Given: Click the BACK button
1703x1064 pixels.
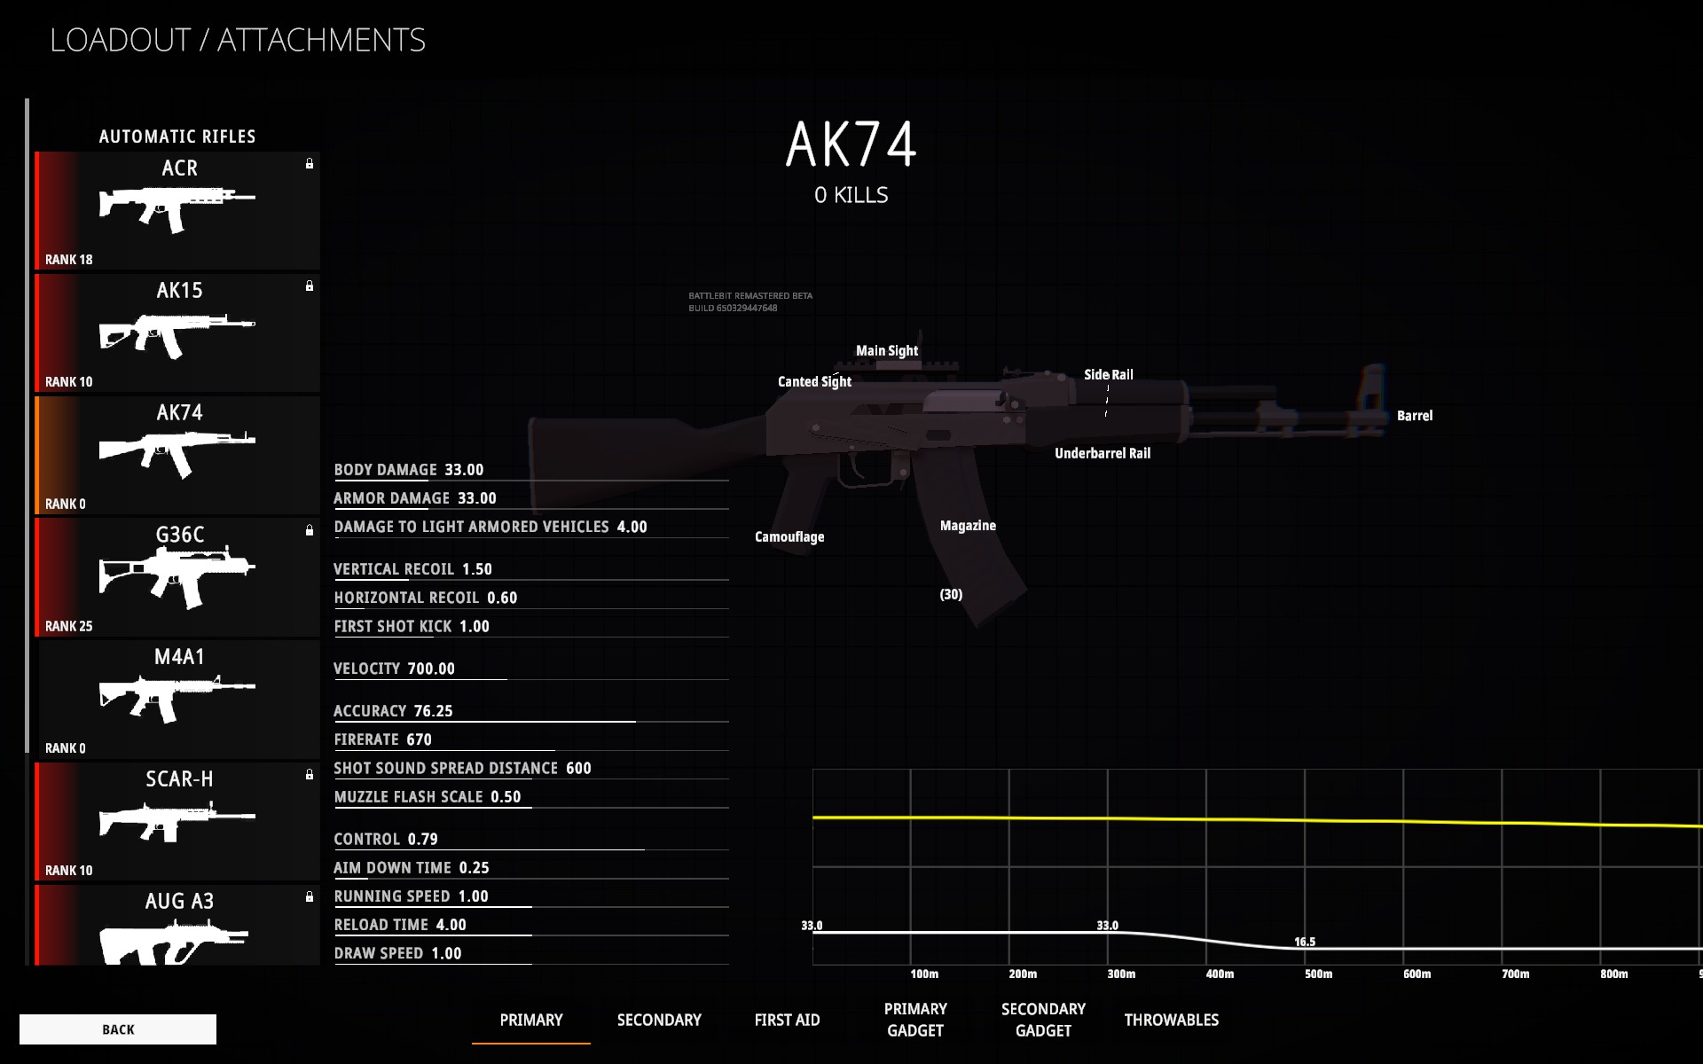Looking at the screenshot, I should point(118,1029).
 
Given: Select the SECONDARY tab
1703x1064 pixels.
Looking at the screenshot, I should point(659,1020).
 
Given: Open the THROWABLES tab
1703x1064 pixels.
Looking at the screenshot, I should point(1171,1020).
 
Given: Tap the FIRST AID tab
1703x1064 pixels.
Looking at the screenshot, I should point(787,1020).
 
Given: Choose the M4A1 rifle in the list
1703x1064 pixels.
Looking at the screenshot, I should point(178,700).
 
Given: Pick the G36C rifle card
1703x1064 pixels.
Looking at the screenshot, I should point(178,577).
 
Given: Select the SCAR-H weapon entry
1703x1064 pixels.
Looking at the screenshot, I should point(178,821).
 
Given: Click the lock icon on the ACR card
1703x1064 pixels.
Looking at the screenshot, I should point(310,164).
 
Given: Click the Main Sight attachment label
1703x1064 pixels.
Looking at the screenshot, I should point(886,351).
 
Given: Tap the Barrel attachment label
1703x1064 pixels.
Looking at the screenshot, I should point(1414,416).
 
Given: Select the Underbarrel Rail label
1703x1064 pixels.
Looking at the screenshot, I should point(1102,454).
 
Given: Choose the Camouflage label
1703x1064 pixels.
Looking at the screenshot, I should point(789,537).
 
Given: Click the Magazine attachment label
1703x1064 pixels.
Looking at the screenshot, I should point(968,526).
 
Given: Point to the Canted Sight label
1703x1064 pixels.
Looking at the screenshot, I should point(814,382).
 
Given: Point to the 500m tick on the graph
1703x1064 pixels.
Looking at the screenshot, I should point(1318,974).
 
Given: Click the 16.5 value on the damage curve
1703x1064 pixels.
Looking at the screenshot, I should point(1305,943).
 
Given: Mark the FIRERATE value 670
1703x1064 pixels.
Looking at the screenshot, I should point(419,739).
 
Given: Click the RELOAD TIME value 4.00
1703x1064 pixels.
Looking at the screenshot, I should point(451,925).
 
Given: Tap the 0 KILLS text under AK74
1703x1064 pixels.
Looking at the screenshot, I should point(851,195).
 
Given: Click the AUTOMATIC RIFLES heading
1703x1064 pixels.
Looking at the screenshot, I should point(177,137).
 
